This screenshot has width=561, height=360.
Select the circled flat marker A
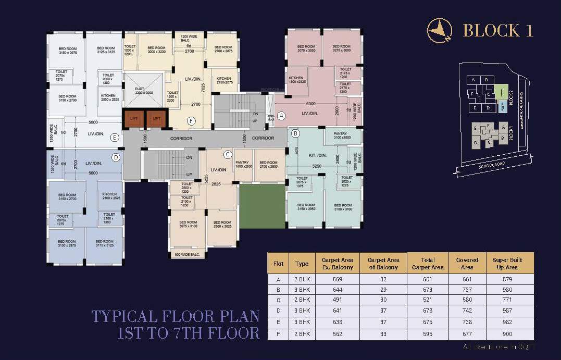[281, 116]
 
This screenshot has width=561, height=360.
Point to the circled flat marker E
[115, 138]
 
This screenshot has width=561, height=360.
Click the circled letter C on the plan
[228, 154]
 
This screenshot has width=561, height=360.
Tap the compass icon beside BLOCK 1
[439, 30]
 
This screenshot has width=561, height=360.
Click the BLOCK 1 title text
[498, 31]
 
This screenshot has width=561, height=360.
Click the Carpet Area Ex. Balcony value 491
[338, 300]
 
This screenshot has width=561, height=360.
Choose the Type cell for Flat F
[302, 334]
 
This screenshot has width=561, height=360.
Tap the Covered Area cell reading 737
[467, 289]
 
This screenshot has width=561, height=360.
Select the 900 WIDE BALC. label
[187, 254]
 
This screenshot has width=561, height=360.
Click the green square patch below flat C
[263, 205]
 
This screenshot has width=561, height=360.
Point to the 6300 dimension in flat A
[311, 104]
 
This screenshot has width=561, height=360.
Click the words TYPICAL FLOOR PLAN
[175, 316]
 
